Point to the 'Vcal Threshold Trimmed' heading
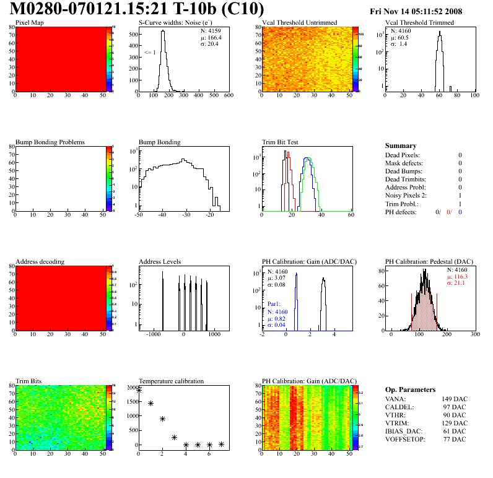pos(419,23)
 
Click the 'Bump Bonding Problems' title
pos(50,142)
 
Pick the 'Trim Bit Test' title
pos(280,142)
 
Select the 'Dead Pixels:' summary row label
pos(402,155)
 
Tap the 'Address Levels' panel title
pos(160,261)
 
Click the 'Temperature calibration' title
pos(171,381)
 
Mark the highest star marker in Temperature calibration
pos(139,390)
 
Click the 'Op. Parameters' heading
pos(410,389)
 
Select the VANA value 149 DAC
pos(450,399)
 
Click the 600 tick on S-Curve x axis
pos(229,95)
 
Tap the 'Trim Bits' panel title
pos(28,381)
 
